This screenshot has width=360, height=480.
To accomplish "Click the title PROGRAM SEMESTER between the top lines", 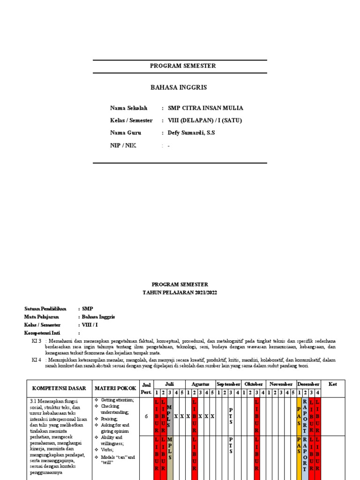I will pyautogui.click(x=183, y=66).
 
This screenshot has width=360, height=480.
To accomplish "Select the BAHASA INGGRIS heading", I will pyautogui.click(x=178, y=88).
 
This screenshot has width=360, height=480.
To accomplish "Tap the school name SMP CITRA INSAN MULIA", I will pyautogui.click(x=205, y=108).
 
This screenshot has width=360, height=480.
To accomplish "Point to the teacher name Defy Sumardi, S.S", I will pyautogui.click(x=191, y=133).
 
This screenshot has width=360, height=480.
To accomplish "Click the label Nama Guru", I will pyautogui.click(x=125, y=133).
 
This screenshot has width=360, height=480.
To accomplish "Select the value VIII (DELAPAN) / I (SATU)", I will pyautogui.click(x=204, y=120).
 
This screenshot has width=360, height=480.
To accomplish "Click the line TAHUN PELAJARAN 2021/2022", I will pyautogui.click(x=180, y=292).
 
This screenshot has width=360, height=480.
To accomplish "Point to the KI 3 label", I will pyautogui.click(x=37, y=341).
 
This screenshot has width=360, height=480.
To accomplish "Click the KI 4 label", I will pyautogui.click(x=37, y=360).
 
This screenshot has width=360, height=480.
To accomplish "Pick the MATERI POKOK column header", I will pyautogui.click(x=115, y=389).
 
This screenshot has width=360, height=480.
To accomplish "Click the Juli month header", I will pyautogui.click(x=169, y=384).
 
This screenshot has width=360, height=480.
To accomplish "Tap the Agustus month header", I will pyautogui.click(x=200, y=384).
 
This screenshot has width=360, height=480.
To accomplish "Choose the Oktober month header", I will pyautogui.click(x=254, y=384).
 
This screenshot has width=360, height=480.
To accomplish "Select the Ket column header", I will pyautogui.click(x=333, y=384).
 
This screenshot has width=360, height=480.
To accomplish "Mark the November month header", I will pyautogui.click(x=281, y=384).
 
